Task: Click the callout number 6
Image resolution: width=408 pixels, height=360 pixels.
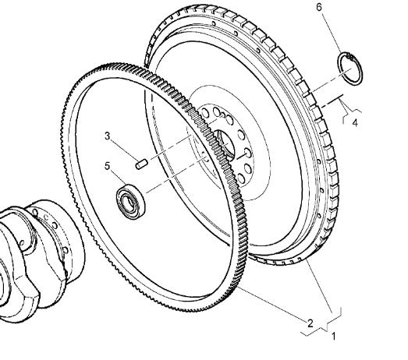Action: (x=319, y=7)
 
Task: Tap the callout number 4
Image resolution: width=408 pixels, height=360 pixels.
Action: (x=355, y=122)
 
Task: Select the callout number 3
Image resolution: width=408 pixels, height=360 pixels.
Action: (x=107, y=136)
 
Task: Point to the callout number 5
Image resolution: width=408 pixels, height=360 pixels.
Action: (x=107, y=166)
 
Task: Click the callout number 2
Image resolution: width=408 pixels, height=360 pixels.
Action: (x=310, y=323)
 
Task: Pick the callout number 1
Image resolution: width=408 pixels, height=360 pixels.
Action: (x=334, y=336)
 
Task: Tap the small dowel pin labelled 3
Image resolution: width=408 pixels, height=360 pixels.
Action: (x=142, y=164)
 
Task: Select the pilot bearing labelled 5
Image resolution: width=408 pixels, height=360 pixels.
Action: (x=130, y=202)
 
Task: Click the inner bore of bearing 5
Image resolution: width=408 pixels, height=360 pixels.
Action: (x=128, y=203)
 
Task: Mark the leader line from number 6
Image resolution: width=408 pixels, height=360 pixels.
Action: (x=332, y=34)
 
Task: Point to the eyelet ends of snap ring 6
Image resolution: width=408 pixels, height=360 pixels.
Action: (x=351, y=57)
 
